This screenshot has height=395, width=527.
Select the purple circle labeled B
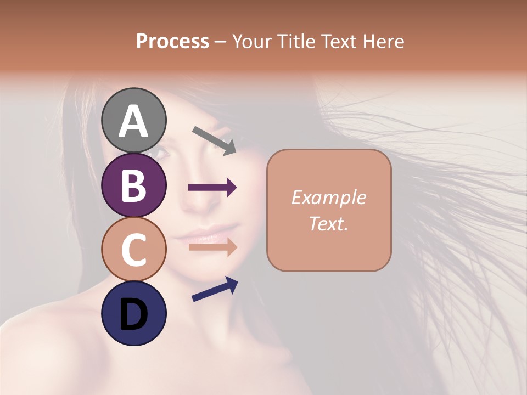coord(133,185)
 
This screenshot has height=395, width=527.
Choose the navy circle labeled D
coord(133,314)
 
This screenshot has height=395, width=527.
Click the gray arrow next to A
coord(214,140)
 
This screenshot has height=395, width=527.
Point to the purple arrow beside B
coord(212,188)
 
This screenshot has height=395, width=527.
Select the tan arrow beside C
coord(212,247)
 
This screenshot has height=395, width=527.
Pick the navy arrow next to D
coord(215,289)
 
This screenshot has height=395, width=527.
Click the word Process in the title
coord(172,41)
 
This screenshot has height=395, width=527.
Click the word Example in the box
coord(328,198)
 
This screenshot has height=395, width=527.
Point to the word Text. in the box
coord(328,223)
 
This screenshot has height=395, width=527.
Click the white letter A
coord(133,121)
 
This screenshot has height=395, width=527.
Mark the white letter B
coord(133,185)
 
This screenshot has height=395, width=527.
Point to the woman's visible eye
coord(159,151)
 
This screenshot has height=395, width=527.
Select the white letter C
coord(133,250)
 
